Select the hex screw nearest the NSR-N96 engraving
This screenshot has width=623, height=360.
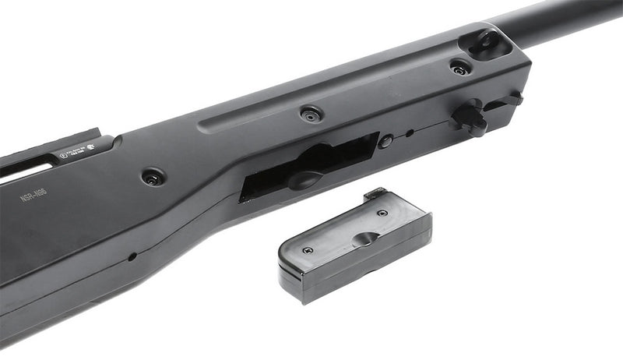[x=153, y=177]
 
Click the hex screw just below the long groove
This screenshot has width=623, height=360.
[x=311, y=115]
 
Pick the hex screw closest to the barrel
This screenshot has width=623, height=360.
[x=460, y=68]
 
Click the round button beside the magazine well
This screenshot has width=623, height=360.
[x=385, y=141]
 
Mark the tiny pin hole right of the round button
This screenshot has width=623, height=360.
[x=410, y=132]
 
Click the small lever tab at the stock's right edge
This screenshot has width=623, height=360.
[x=515, y=99]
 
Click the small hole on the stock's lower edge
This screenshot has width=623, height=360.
[x=133, y=256]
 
